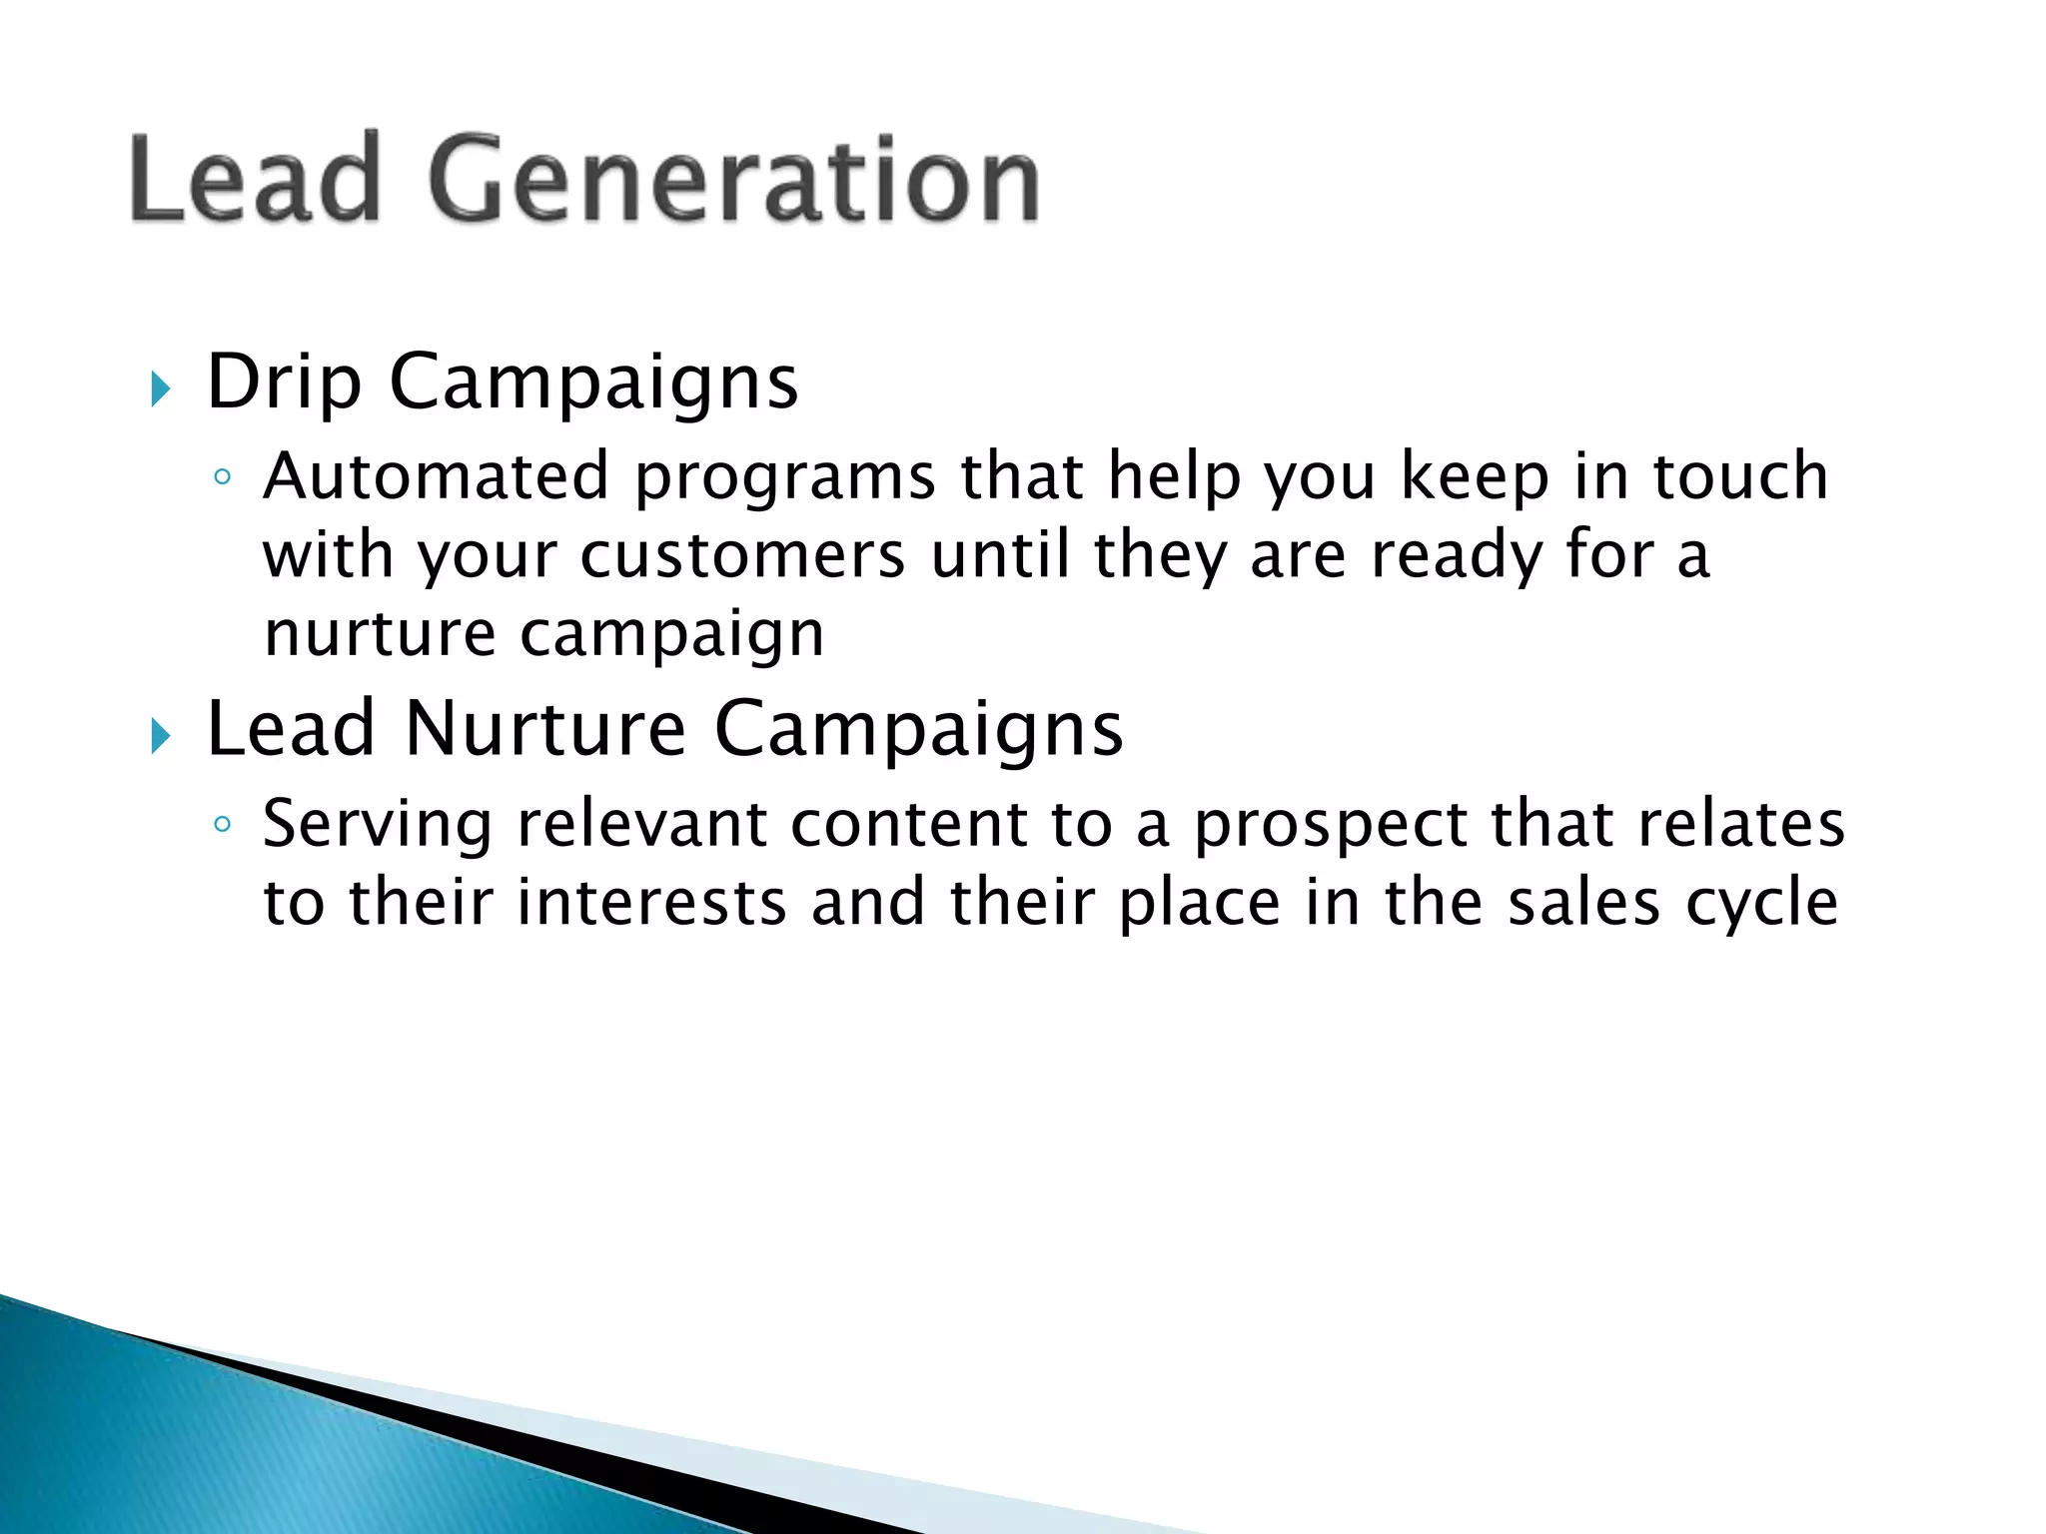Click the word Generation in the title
tap(734, 180)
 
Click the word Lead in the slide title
tap(256, 180)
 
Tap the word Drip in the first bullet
tap(284, 382)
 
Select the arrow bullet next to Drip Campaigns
tap(161, 388)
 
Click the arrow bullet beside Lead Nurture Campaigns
tap(161, 737)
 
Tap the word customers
tap(742, 555)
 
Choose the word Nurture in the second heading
tap(545, 729)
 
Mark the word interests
tap(651, 903)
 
